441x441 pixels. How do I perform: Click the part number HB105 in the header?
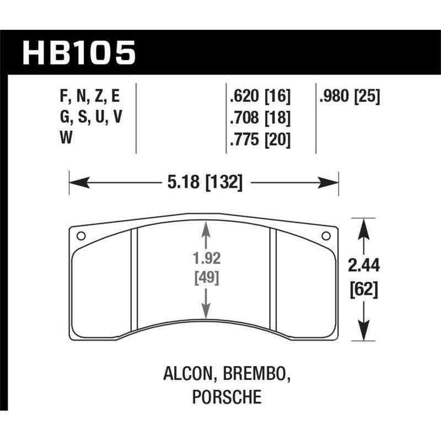[79, 53]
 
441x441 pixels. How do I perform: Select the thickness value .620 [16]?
[259, 97]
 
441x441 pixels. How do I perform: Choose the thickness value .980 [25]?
[350, 97]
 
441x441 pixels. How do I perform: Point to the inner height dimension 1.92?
[206, 257]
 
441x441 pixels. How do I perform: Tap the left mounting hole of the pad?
[80, 236]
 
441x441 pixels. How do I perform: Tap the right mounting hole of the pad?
[326, 236]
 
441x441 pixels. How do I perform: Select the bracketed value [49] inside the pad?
[206, 278]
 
